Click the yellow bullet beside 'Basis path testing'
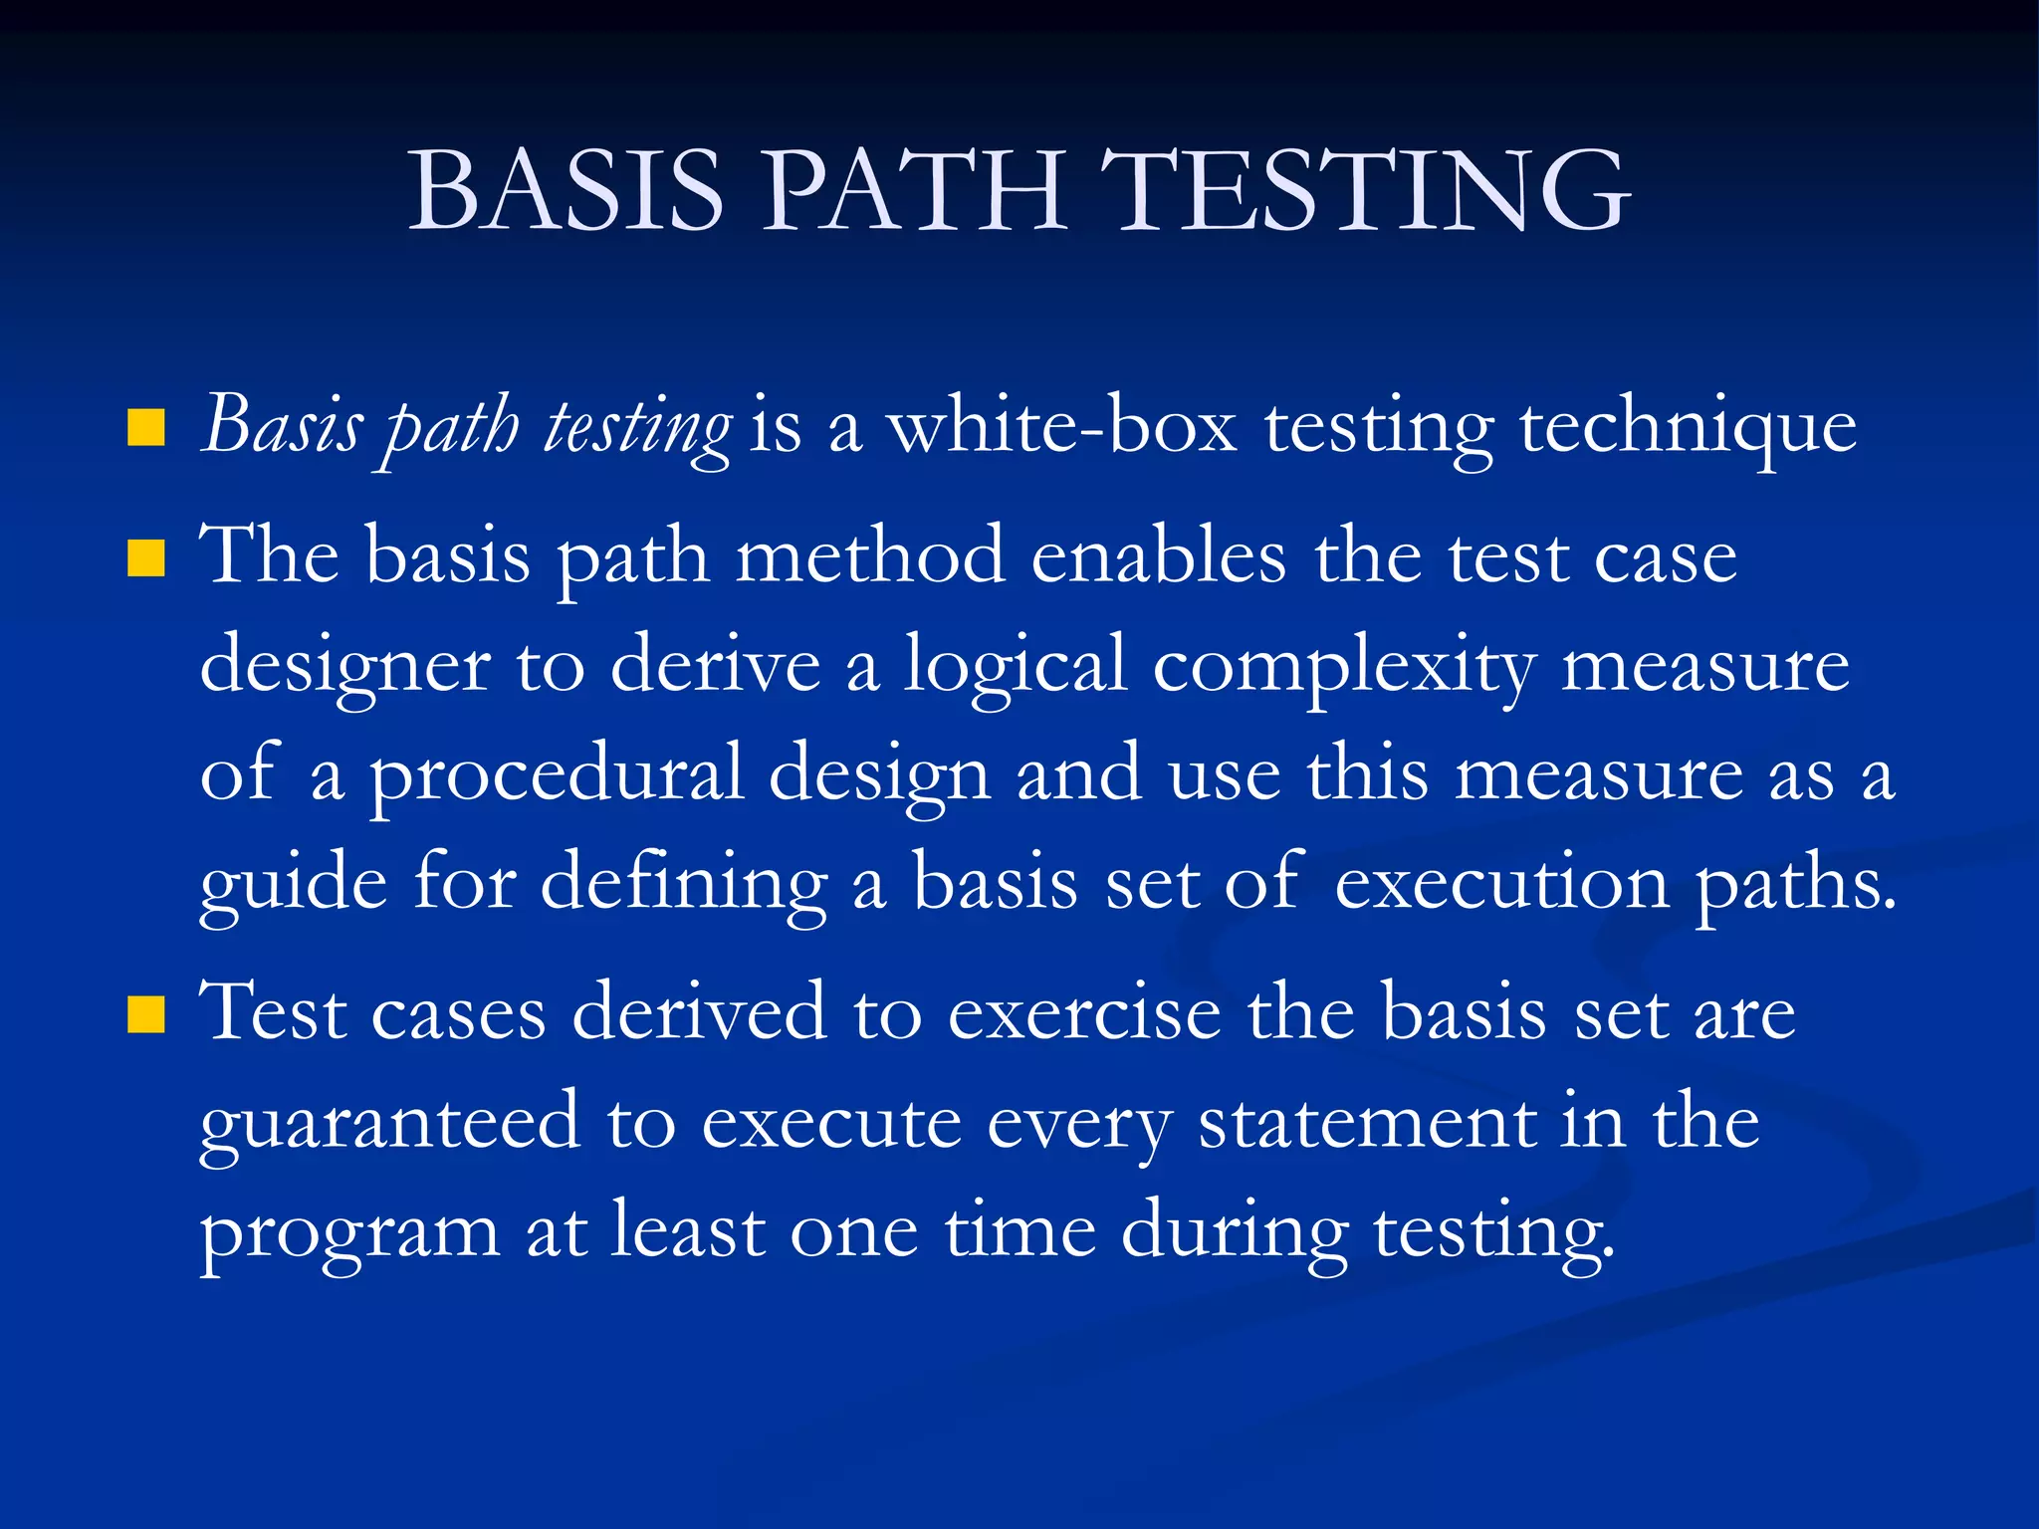(x=146, y=429)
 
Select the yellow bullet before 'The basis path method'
(x=146, y=559)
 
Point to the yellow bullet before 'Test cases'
(x=146, y=1015)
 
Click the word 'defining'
(x=683, y=884)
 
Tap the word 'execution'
(x=1501, y=882)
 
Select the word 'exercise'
(x=1084, y=1013)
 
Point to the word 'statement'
(x=1366, y=1123)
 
